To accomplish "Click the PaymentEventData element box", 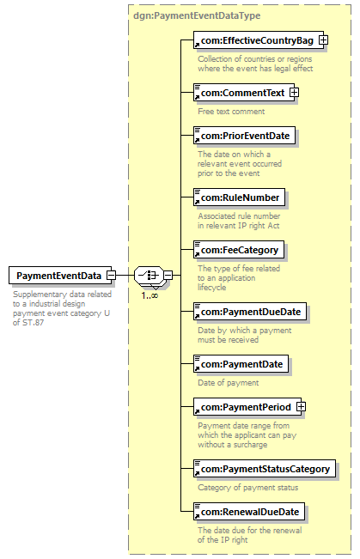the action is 60,276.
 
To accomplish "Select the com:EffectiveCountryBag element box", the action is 259,40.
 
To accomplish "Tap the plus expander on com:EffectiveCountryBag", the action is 323,40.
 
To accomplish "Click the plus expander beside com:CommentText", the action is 294,93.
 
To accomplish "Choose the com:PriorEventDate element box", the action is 244,136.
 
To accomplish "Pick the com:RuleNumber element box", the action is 239,197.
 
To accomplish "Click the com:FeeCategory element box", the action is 239,250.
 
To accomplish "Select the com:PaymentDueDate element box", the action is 250,312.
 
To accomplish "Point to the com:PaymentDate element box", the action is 241,364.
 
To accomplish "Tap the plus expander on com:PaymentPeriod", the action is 301,407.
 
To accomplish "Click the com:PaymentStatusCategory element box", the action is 265,469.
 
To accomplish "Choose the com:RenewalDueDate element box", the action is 249,512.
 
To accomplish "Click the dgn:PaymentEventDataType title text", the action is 197,15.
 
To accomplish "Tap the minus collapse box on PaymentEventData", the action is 112,276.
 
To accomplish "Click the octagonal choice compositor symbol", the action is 149,276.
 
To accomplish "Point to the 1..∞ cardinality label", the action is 149,295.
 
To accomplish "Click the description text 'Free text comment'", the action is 231,112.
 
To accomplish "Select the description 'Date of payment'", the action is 229,383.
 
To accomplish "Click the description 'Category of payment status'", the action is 248,488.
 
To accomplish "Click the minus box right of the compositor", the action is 168,276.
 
